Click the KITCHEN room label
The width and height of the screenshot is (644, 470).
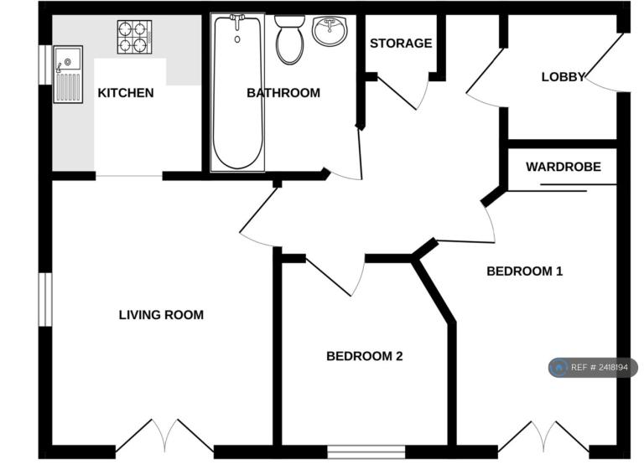[x=126, y=93]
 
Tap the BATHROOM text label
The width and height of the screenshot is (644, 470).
[x=283, y=93]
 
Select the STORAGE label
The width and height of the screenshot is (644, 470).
[x=401, y=43]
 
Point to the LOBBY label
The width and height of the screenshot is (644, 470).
[x=563, y=77]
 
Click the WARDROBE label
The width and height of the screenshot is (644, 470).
[x=563, y=167]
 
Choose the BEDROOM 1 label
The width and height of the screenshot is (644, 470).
[x=524, y=271]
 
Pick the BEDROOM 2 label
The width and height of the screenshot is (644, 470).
[x=364, y=356]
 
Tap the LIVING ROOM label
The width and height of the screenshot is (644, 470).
[x=161, y=315]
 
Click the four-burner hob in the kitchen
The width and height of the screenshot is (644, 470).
[x=134, y=37]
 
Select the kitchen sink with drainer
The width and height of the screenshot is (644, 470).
[x=68, y=75]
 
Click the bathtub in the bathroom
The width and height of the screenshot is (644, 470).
[x=237, y=92]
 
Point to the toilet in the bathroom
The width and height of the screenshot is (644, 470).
[x=289, y=39]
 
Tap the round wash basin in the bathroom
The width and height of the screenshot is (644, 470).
[x=330, y=31]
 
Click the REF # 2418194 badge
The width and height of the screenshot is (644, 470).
[x=593, y=368]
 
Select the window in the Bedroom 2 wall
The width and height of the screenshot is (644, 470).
[x=366, y=452]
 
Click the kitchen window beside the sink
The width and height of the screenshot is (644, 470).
[x=45, y=65]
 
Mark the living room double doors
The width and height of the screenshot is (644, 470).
[x=164, y=436]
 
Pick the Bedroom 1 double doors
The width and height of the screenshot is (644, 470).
[x=543, y=436]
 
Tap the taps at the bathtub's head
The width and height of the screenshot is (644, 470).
[x=237, y=21]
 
